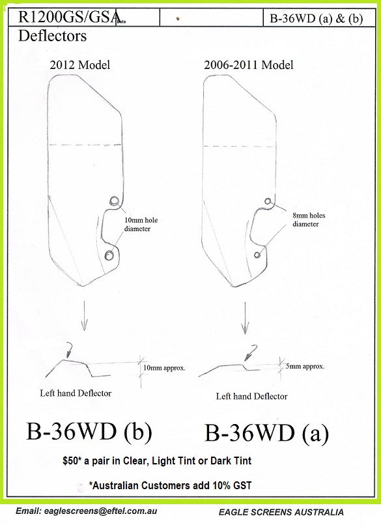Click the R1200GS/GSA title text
(x=69, y=17)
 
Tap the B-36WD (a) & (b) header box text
(x=317, y=18)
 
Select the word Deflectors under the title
(x=52, y=36)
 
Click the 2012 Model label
(x=80, y=64)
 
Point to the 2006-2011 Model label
(x=249, y=64)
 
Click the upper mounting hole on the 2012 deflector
(x=114, y=201)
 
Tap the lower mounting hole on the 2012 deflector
(x=109, y=255)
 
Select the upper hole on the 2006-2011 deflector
(x=268, y=201)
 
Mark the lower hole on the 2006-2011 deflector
(x=257, y=255)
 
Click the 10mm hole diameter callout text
(x=141, y=224)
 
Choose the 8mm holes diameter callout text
(x=309, y=220)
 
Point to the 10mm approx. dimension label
(x=164, y=368)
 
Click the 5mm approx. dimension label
(x=305, y=366)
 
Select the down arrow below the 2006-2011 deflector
(x=246, y=318)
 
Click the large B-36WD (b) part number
(x=89, y=431)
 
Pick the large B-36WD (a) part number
(x=266, y=433)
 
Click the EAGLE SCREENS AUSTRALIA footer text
(x=281, y=512)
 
